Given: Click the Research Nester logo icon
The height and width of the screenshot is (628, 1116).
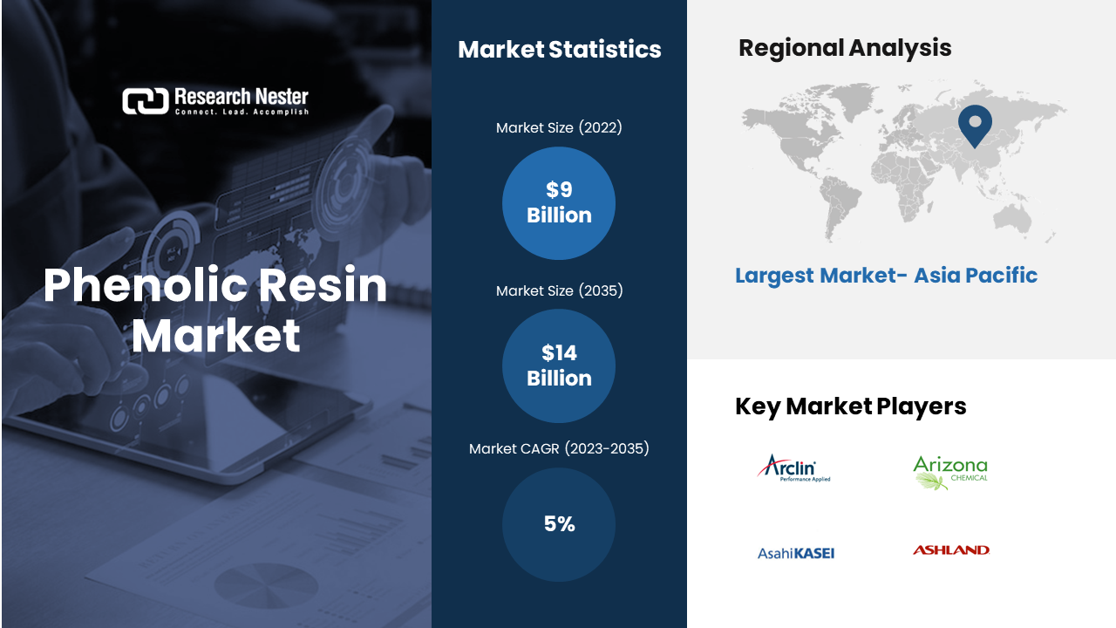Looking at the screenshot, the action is pyautogui.click(x=146, y=100).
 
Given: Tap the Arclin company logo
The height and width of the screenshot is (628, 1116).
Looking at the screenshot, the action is pyautogui.click(x=793, y=468).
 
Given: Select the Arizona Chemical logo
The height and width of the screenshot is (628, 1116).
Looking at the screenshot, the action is pyautogui.click(x=950, y=473).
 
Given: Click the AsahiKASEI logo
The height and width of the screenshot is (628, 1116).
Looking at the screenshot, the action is pyautogui.click(x=796, y=553).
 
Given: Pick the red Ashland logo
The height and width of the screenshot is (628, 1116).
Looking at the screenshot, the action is pyautogui.click(x=951, y=549).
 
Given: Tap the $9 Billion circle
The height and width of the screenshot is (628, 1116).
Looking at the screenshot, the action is pyautogui.click(x=559, y=203).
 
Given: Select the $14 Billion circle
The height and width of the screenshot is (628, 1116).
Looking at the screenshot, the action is pyautogui.click(x=559, y=365).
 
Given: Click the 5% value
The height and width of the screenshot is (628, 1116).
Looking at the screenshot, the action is pyautogui.click(x=559, y=524).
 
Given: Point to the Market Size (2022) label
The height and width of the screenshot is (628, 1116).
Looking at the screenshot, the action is pyautogui.click(x=559, y=127).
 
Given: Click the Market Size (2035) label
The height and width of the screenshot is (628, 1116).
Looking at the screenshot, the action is pyautogui.click(x=559, y=290).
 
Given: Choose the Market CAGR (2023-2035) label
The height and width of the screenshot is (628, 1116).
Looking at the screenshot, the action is pyautogui.click(x=559, y=448).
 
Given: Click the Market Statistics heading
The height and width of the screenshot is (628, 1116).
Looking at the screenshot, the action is pyautogui.click(x=560, y=50).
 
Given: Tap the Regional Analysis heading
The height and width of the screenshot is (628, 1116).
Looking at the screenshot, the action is pyautogui.click(x=845, y=48).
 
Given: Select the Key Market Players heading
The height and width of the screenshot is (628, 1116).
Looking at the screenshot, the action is pyautogui.click(x=850, y=406).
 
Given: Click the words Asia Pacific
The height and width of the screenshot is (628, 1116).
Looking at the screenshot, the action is pyautogui.click(x=976, y=275).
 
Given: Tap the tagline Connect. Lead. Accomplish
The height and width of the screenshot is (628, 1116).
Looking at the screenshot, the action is pyautogui.click(x=242, y=113).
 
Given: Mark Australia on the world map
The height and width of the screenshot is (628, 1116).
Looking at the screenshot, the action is pyautogui.click(x=1012, y=219).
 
